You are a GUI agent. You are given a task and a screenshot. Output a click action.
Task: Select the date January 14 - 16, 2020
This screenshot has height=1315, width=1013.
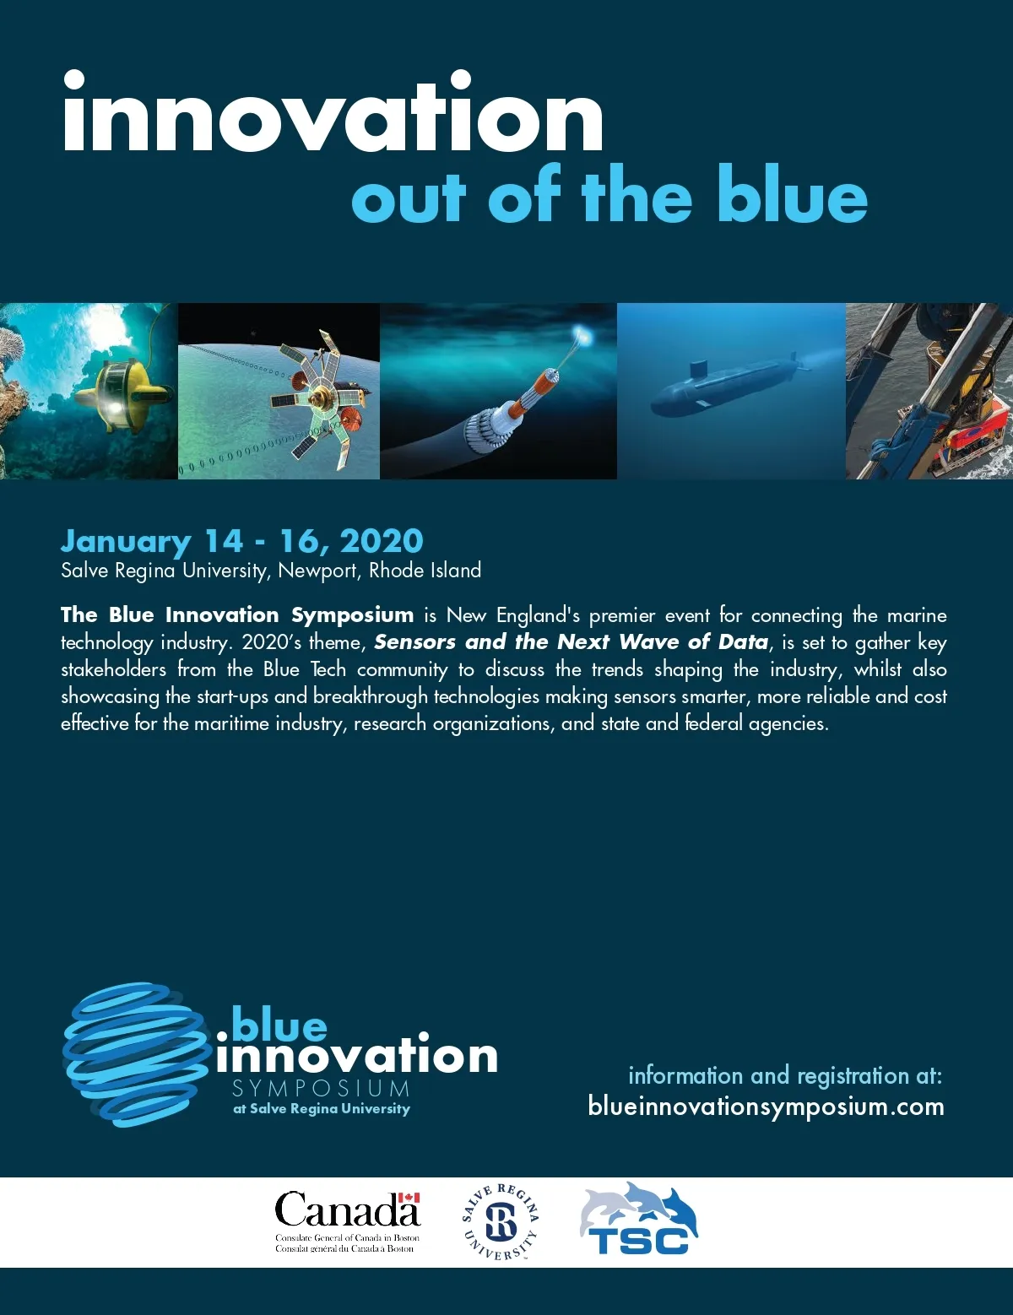[x=242, y=540]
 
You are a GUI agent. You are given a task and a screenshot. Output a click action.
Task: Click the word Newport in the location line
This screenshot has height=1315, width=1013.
[x=317, y=571]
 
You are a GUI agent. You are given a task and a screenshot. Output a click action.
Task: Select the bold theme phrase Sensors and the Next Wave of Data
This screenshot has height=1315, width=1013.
[x=572, y=641]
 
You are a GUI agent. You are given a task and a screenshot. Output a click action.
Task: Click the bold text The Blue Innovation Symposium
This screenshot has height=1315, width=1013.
[x=237, y=614]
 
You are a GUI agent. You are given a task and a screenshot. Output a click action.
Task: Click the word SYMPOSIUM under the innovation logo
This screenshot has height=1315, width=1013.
[x=322, y=1089]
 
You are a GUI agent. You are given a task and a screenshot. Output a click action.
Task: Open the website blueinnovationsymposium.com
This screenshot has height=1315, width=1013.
[x=767, y=1106]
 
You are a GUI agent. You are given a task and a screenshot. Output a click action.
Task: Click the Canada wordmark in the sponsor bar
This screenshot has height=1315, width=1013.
[x=347, y=1209]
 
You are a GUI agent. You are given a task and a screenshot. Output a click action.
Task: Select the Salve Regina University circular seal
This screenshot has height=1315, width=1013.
[x=501, y=1221]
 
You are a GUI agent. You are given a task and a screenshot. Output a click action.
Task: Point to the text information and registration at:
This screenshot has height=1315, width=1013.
[x=785, y=1075]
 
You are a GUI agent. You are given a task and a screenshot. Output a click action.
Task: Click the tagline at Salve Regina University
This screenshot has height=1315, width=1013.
[x=322, y=1109]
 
